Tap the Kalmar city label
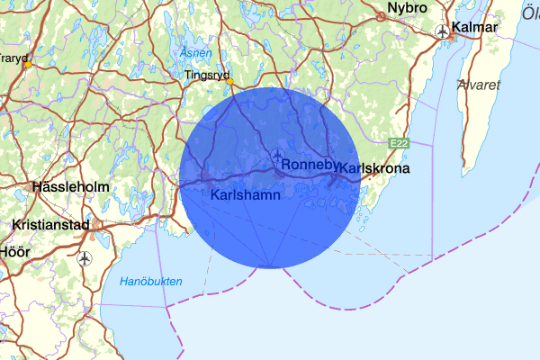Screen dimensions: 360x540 click(x=476, y=28)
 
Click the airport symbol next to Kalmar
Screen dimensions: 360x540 click(x=443, y=31)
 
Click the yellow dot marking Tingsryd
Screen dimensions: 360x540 click(x=229, y=81)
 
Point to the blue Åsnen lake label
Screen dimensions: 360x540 click(x=195, y=52)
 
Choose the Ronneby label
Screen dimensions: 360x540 click(x=310, y=166)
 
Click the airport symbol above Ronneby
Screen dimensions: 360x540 click(x=276, y=155)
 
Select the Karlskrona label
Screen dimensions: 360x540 click(x=374, y=168)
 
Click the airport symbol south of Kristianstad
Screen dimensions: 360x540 click(x=85, y=258)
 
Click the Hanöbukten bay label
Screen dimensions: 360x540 click(x=151, y=282)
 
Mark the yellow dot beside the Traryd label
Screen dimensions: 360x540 click(x=28, y=65)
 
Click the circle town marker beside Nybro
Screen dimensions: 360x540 click(x=381, y=15)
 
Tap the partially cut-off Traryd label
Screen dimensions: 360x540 click(x=12, y=57)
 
